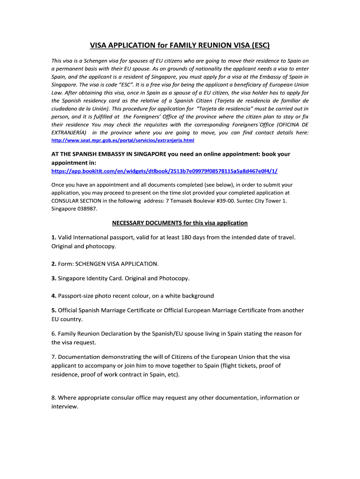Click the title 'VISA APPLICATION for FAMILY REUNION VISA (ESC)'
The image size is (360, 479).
[180, 45]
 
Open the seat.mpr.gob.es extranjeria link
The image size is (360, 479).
[122, 140]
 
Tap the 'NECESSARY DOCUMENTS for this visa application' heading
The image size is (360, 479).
[180, 223]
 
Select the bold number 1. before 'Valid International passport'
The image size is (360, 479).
[54, 237]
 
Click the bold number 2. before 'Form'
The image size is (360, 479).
[54, 263]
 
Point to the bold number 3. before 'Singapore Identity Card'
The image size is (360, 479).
[54, 278]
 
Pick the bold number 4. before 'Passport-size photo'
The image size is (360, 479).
[54, 296]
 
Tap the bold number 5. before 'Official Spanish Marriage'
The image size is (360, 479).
[54, 310]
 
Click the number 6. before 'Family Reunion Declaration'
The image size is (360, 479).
[54, 334]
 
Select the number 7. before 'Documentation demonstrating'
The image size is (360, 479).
[54, 357]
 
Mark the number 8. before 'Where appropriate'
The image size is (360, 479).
[54, 398]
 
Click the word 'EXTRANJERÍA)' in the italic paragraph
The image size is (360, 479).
[69, 133]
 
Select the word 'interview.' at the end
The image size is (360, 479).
[65, 406]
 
